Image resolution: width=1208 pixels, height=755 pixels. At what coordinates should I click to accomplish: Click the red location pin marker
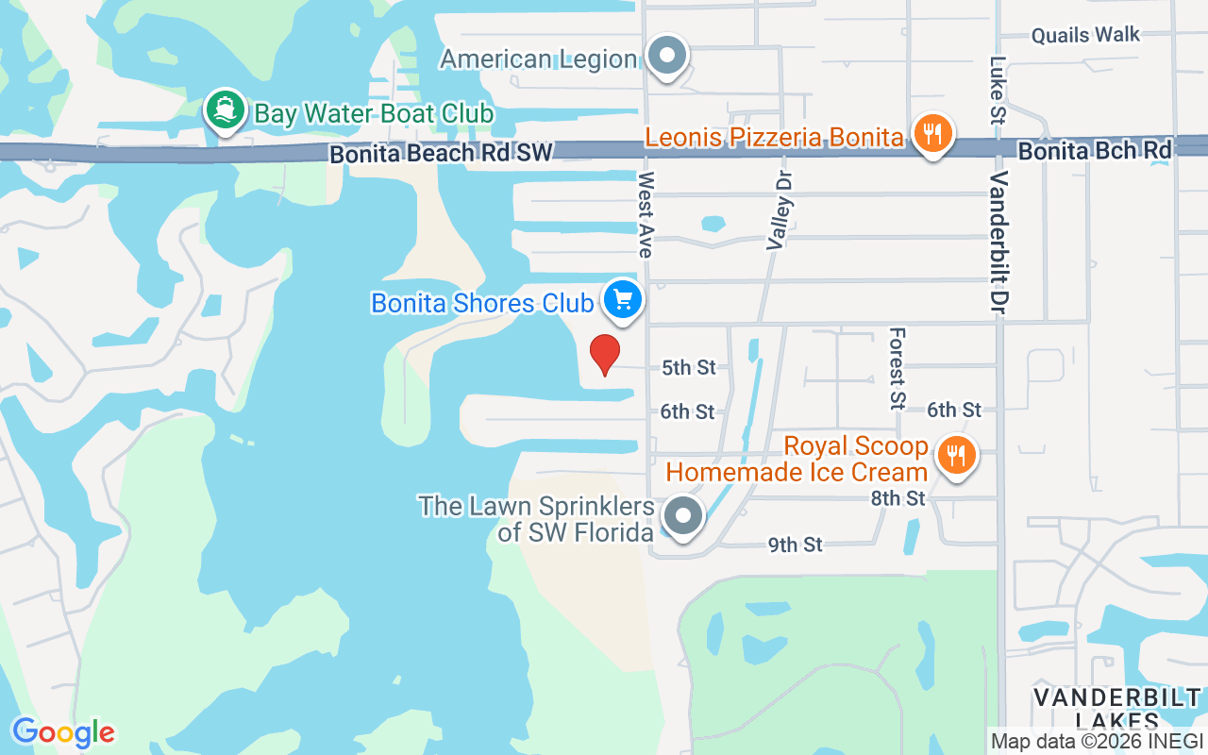pos(605,354)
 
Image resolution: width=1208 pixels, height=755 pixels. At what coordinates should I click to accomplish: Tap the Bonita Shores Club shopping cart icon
pos(623,300)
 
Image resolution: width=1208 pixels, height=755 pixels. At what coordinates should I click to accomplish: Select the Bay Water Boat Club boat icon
pos(225,110)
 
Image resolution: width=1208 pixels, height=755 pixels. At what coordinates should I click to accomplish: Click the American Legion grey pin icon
pos(668,55)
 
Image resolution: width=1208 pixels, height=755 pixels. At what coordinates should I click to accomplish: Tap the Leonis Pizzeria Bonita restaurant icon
pos(932,134)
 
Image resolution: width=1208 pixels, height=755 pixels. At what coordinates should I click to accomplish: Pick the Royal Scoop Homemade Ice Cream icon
pos(957,457)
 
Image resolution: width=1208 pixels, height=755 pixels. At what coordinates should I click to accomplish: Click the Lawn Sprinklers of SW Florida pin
pos(681,516)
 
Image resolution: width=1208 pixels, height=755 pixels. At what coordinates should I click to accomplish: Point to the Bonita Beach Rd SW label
pos(428,154)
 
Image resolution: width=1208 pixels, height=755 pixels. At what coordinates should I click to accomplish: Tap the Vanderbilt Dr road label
pos(999,242)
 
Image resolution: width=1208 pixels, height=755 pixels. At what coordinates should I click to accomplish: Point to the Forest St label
pos(897,368)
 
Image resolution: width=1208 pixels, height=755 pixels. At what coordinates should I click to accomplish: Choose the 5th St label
pos(689,367)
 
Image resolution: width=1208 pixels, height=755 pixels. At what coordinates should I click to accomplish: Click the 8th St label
pos(898,498)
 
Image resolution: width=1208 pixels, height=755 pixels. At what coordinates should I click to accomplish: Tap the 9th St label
pos(795,545)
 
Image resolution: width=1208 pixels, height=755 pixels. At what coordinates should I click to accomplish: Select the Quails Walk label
pos(1085,36)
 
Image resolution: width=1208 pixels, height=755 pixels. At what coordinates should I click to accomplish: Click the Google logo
pos(63,732)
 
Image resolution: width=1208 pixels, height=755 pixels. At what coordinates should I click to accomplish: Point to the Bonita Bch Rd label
pos(1095,150)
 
